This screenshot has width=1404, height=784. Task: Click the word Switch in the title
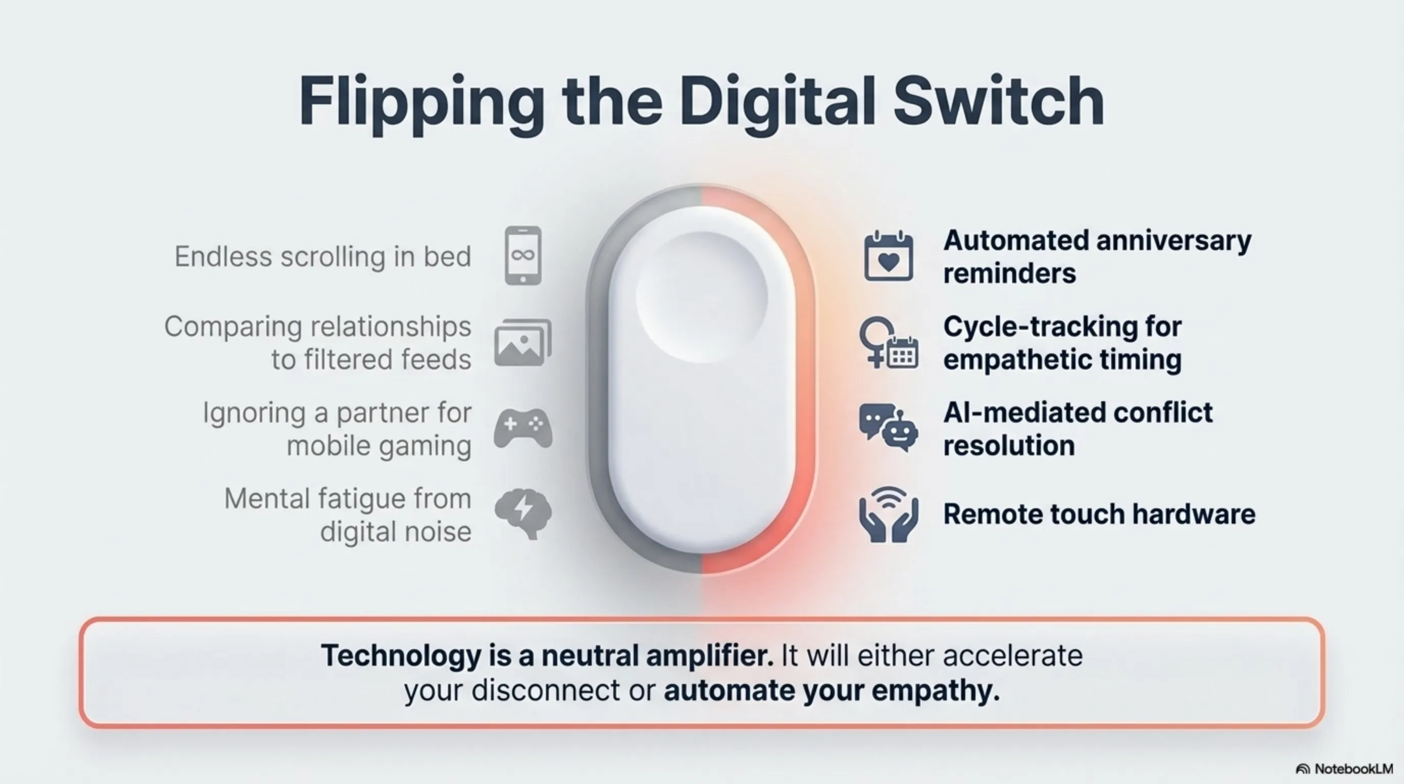point(998,102)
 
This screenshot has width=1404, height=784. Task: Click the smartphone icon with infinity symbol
point(523,255)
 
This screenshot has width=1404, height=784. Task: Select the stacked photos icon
point(523,342)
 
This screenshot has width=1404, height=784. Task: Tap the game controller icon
point(523,429)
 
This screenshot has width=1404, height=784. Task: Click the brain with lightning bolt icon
point(523,513)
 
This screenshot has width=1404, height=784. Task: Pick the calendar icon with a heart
point(888,256)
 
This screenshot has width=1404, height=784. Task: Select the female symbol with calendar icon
point(888,342)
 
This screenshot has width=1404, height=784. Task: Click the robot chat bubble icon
point(888,428)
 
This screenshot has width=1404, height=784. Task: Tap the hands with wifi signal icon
point(888,514)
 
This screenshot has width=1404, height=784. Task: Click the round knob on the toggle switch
point(701,297)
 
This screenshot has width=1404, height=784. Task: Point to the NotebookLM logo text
point(1353,769)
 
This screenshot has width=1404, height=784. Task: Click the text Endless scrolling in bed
point(322,256)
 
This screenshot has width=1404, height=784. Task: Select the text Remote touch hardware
point(1099,514)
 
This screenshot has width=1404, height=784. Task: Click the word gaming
point(425,447)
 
